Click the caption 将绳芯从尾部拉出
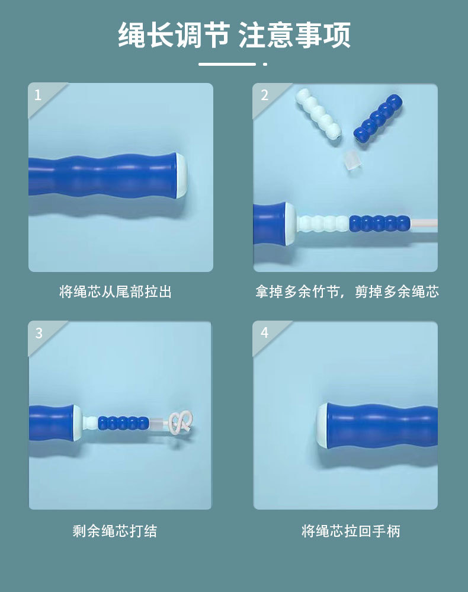coord(116,292)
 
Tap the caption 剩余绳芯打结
coord(115,531)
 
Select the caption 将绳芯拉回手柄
coord(351,531)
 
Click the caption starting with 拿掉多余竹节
coord(347,292)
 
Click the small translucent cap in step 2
coord(352,160)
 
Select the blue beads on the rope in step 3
coord(123,423)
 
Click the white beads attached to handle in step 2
coord(323,223)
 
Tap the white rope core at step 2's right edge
coord(424,223)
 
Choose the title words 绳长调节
coord(174,35)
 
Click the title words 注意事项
coord(295,35)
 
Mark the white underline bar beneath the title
coord(227,64)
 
